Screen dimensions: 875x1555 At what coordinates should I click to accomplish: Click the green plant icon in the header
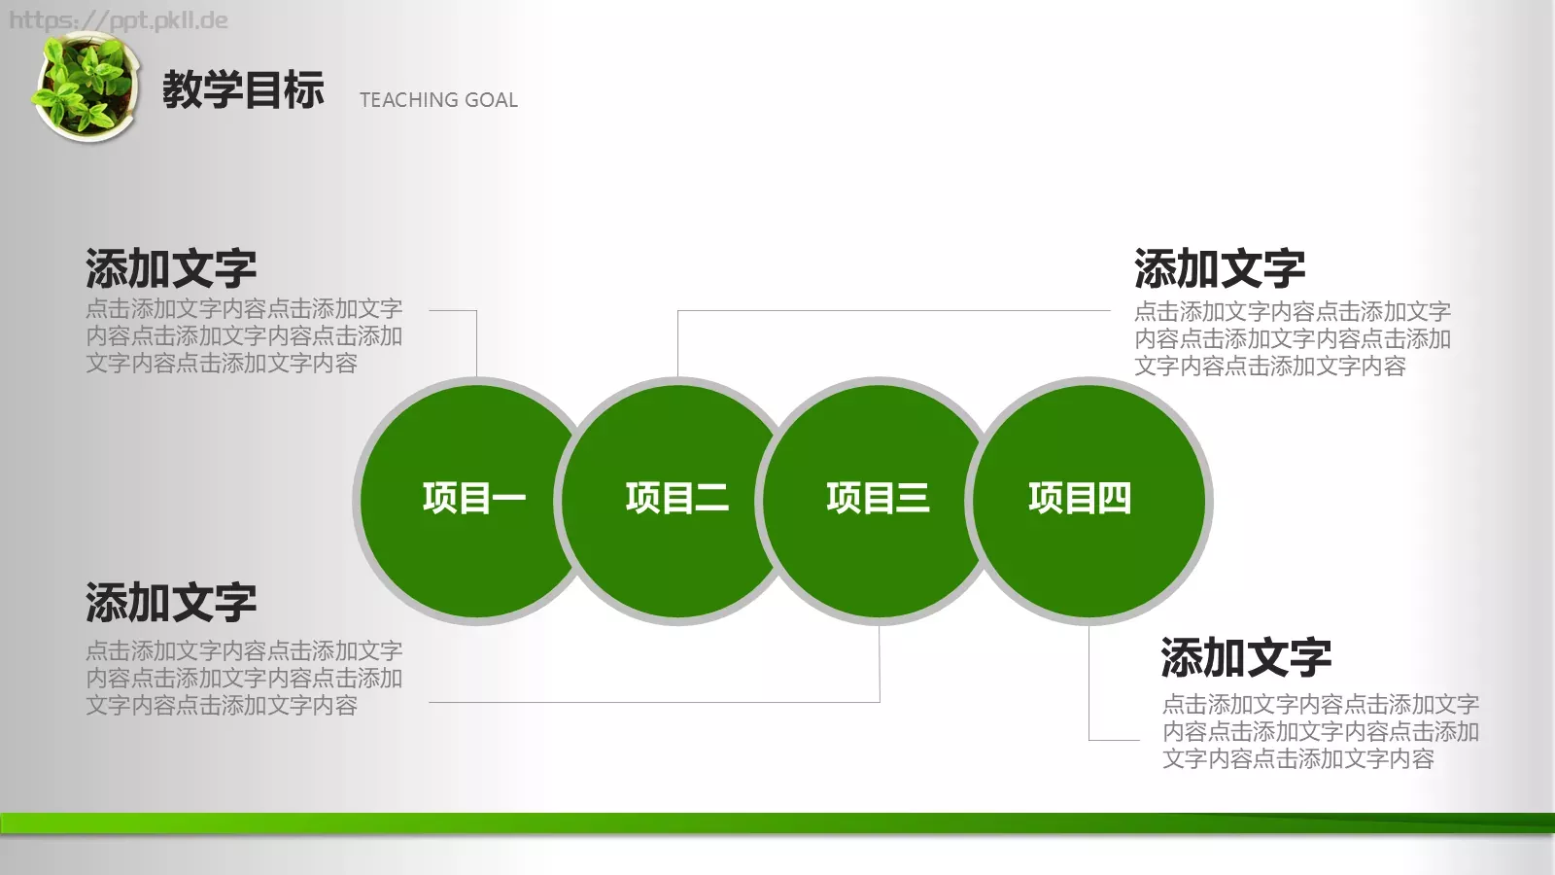click(x=85, y=87)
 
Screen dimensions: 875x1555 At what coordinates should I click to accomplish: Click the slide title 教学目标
click(x=243, y=90)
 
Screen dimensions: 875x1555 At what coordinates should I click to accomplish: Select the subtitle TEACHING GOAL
click(x=438, y=100)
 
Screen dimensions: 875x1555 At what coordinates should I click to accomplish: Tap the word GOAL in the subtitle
click(x=491, y=100)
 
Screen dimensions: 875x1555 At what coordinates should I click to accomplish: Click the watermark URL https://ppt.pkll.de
click(x=119, y=20)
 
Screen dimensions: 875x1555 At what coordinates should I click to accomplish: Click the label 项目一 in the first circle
click(x=474, y=498)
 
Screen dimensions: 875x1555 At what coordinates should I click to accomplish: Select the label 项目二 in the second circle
click(x=676, y=498)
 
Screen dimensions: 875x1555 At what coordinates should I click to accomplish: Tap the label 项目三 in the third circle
click(x=878, y=498)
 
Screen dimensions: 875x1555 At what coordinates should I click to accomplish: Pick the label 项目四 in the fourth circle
click(x=1080, y=498)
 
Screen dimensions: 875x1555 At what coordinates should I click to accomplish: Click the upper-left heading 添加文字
click(x=171, y=269)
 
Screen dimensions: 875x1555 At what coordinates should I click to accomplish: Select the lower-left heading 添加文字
click(x=171, y=603)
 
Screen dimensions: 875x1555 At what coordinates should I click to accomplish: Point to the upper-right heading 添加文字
click(x=1220, y=269)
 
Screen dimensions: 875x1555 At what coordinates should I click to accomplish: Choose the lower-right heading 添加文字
click(x=1246, y=658)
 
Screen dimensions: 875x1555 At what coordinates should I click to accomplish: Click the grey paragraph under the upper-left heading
click(x=244, y=336)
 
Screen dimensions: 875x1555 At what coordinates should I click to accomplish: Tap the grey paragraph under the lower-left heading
click(x=244, y=678)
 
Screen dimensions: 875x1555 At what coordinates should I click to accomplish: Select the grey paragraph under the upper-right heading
click(x=1293, y=338)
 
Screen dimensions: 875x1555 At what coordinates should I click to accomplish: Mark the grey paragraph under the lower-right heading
click(x=1321, y=731)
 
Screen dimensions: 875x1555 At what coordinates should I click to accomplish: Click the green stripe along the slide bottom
click(x=777, y=822)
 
